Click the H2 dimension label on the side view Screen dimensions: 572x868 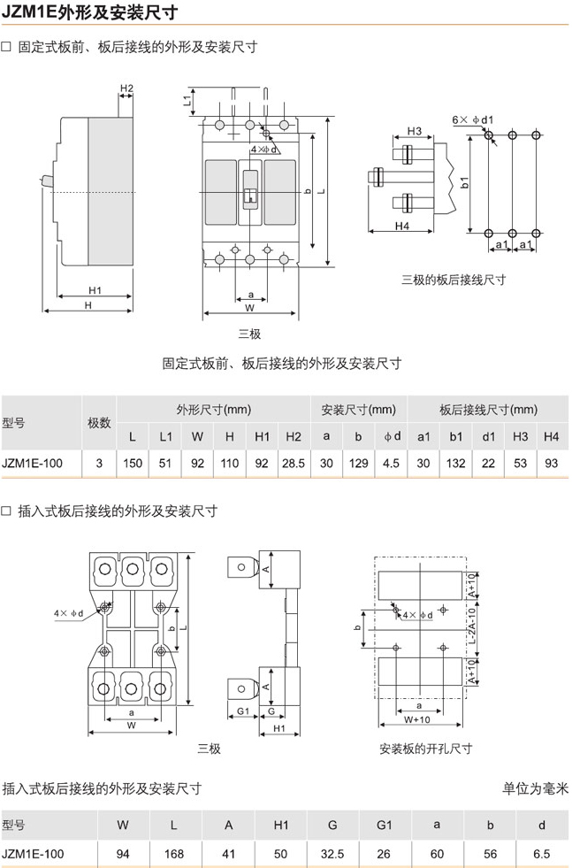[126, 88]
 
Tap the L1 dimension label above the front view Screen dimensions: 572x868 [187, 101]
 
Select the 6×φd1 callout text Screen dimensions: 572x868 [472, 119]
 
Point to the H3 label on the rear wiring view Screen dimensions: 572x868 [415, 131]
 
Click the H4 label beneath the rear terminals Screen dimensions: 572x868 [402, 226]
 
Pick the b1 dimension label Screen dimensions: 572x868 [465, 182]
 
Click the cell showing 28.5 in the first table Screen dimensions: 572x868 [294, 464]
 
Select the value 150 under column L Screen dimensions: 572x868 [133, 464]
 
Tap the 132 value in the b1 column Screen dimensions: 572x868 [456, 464]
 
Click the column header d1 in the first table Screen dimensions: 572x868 [489, 437]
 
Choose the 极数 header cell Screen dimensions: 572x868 [99, 423]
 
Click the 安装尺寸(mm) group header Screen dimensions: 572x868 [358, 410]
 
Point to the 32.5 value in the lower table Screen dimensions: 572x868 [332, 854]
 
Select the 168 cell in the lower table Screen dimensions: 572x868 [173, 854]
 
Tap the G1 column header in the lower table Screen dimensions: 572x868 [385, 826]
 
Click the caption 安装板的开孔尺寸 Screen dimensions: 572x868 [426, 749]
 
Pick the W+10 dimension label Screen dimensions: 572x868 [416, 719]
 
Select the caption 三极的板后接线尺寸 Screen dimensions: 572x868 [454, 280]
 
